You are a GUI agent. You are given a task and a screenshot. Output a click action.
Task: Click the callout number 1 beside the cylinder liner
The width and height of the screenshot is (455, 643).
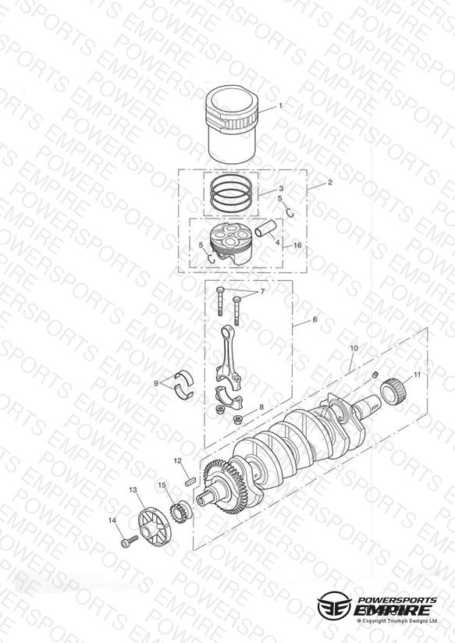[x=281, y=106]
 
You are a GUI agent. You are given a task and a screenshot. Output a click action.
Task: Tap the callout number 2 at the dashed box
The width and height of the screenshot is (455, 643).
[x=330, y=183]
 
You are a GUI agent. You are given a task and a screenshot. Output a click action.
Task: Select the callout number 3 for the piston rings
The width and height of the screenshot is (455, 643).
[x=281, y=189]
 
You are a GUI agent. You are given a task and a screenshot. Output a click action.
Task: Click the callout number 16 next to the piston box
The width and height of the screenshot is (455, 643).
[x=298, y=245]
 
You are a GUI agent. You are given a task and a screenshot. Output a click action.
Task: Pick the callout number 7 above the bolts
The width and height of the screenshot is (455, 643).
[x=262, y=292]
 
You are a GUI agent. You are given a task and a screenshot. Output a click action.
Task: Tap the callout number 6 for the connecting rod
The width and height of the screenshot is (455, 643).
[x=315, y=319]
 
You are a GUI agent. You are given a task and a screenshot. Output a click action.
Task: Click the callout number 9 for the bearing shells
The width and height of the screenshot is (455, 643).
[x=156, y=383]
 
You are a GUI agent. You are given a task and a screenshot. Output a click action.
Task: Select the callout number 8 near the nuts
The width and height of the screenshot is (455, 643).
[x=261, y=407]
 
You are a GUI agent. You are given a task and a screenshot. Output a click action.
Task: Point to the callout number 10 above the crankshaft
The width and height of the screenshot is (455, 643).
[x=354, y=348]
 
